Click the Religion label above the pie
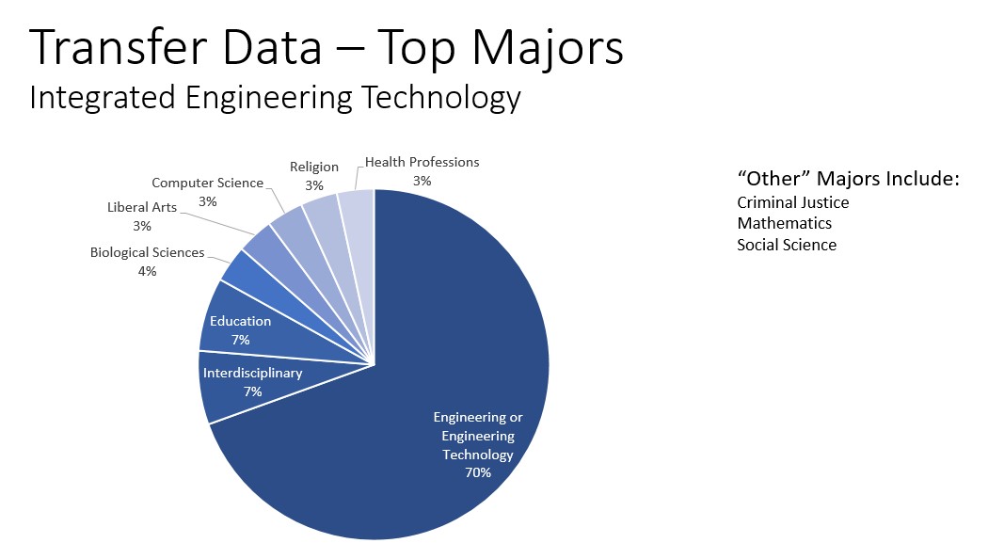coord(313,167)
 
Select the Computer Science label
coord(207,183)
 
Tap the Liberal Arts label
coord(141,207)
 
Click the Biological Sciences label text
coord(147,252)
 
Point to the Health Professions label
coord(422,162)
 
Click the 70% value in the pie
coord(477,472)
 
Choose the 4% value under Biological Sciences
coord(147,271)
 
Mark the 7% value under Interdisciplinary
coord(252,391)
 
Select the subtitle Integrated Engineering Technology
coord(275,97)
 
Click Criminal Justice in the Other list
coord(792,202)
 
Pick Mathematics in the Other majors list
coord(784,223)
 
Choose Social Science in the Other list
coord(786,245)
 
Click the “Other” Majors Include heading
coord(847,179)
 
